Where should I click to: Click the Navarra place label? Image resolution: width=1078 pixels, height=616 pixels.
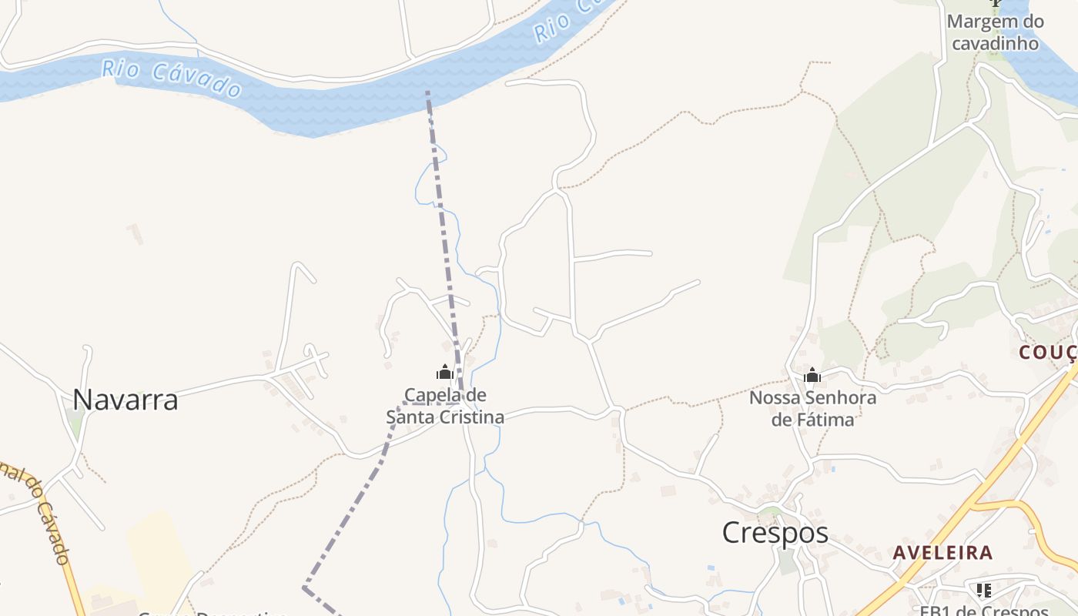click(126, 400)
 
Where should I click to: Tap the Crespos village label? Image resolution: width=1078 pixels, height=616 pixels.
click(775, 533)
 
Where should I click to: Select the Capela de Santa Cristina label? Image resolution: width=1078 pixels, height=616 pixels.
click(445, 406)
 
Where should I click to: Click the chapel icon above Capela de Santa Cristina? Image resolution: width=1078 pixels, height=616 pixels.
click(444, 373)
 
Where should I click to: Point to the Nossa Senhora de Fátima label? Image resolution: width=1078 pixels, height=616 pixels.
click(812, 409)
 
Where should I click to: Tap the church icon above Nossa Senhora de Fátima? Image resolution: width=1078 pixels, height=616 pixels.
click(812, 376)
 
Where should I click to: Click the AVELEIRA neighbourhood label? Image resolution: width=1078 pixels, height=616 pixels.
click(942, 553)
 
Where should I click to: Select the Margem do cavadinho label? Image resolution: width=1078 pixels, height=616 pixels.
click(995, 32)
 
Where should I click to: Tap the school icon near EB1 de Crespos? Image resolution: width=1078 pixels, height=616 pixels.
click(983, 591)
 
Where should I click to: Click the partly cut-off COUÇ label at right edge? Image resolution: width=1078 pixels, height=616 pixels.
click(1048, 353)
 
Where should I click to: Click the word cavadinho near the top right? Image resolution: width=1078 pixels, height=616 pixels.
click(995, 43)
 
